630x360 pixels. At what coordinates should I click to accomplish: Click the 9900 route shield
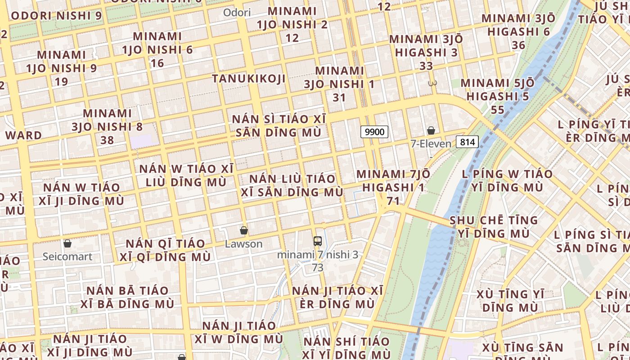(x=374, y=132)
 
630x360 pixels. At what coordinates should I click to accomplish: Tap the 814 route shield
(x=467, y=142)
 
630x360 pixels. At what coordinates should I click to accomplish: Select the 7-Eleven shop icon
(x=431, y=131)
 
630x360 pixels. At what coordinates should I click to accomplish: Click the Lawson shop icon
(x=244, y=230)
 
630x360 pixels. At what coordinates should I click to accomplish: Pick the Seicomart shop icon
(x=67, y=243)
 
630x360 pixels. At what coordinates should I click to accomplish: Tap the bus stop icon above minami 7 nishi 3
(x=318, y=241)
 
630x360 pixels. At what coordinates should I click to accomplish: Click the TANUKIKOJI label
(x=249, y=79)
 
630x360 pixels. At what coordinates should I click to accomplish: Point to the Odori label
(x=237, y=13)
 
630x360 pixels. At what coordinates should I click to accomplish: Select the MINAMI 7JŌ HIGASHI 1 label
(x=393, y=180)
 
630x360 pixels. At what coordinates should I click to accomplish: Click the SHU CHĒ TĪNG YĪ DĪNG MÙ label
(x=494, y=227)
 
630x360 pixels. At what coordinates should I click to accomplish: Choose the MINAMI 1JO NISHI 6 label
(x=157, y=43)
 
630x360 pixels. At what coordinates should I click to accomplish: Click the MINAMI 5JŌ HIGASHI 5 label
(x=498, y=90)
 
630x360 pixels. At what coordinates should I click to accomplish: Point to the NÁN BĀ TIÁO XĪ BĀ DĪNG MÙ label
(x=127, y=297)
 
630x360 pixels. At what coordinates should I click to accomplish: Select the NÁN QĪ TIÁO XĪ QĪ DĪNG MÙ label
(x=165, y=250)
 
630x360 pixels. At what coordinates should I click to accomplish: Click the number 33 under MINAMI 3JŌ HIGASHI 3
(x=426, y=66)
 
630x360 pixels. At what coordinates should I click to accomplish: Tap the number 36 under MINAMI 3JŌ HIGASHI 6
(x=518, y=45)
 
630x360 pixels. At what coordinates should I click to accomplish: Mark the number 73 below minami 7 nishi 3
(x=318, y=268)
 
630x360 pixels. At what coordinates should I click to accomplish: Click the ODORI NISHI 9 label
(x=56, y=16)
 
